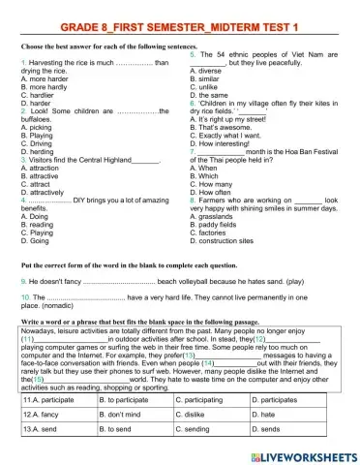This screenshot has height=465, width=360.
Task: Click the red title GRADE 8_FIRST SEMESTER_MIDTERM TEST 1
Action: point(180,22)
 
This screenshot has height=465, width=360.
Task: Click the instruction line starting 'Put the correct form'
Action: point(155,263)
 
